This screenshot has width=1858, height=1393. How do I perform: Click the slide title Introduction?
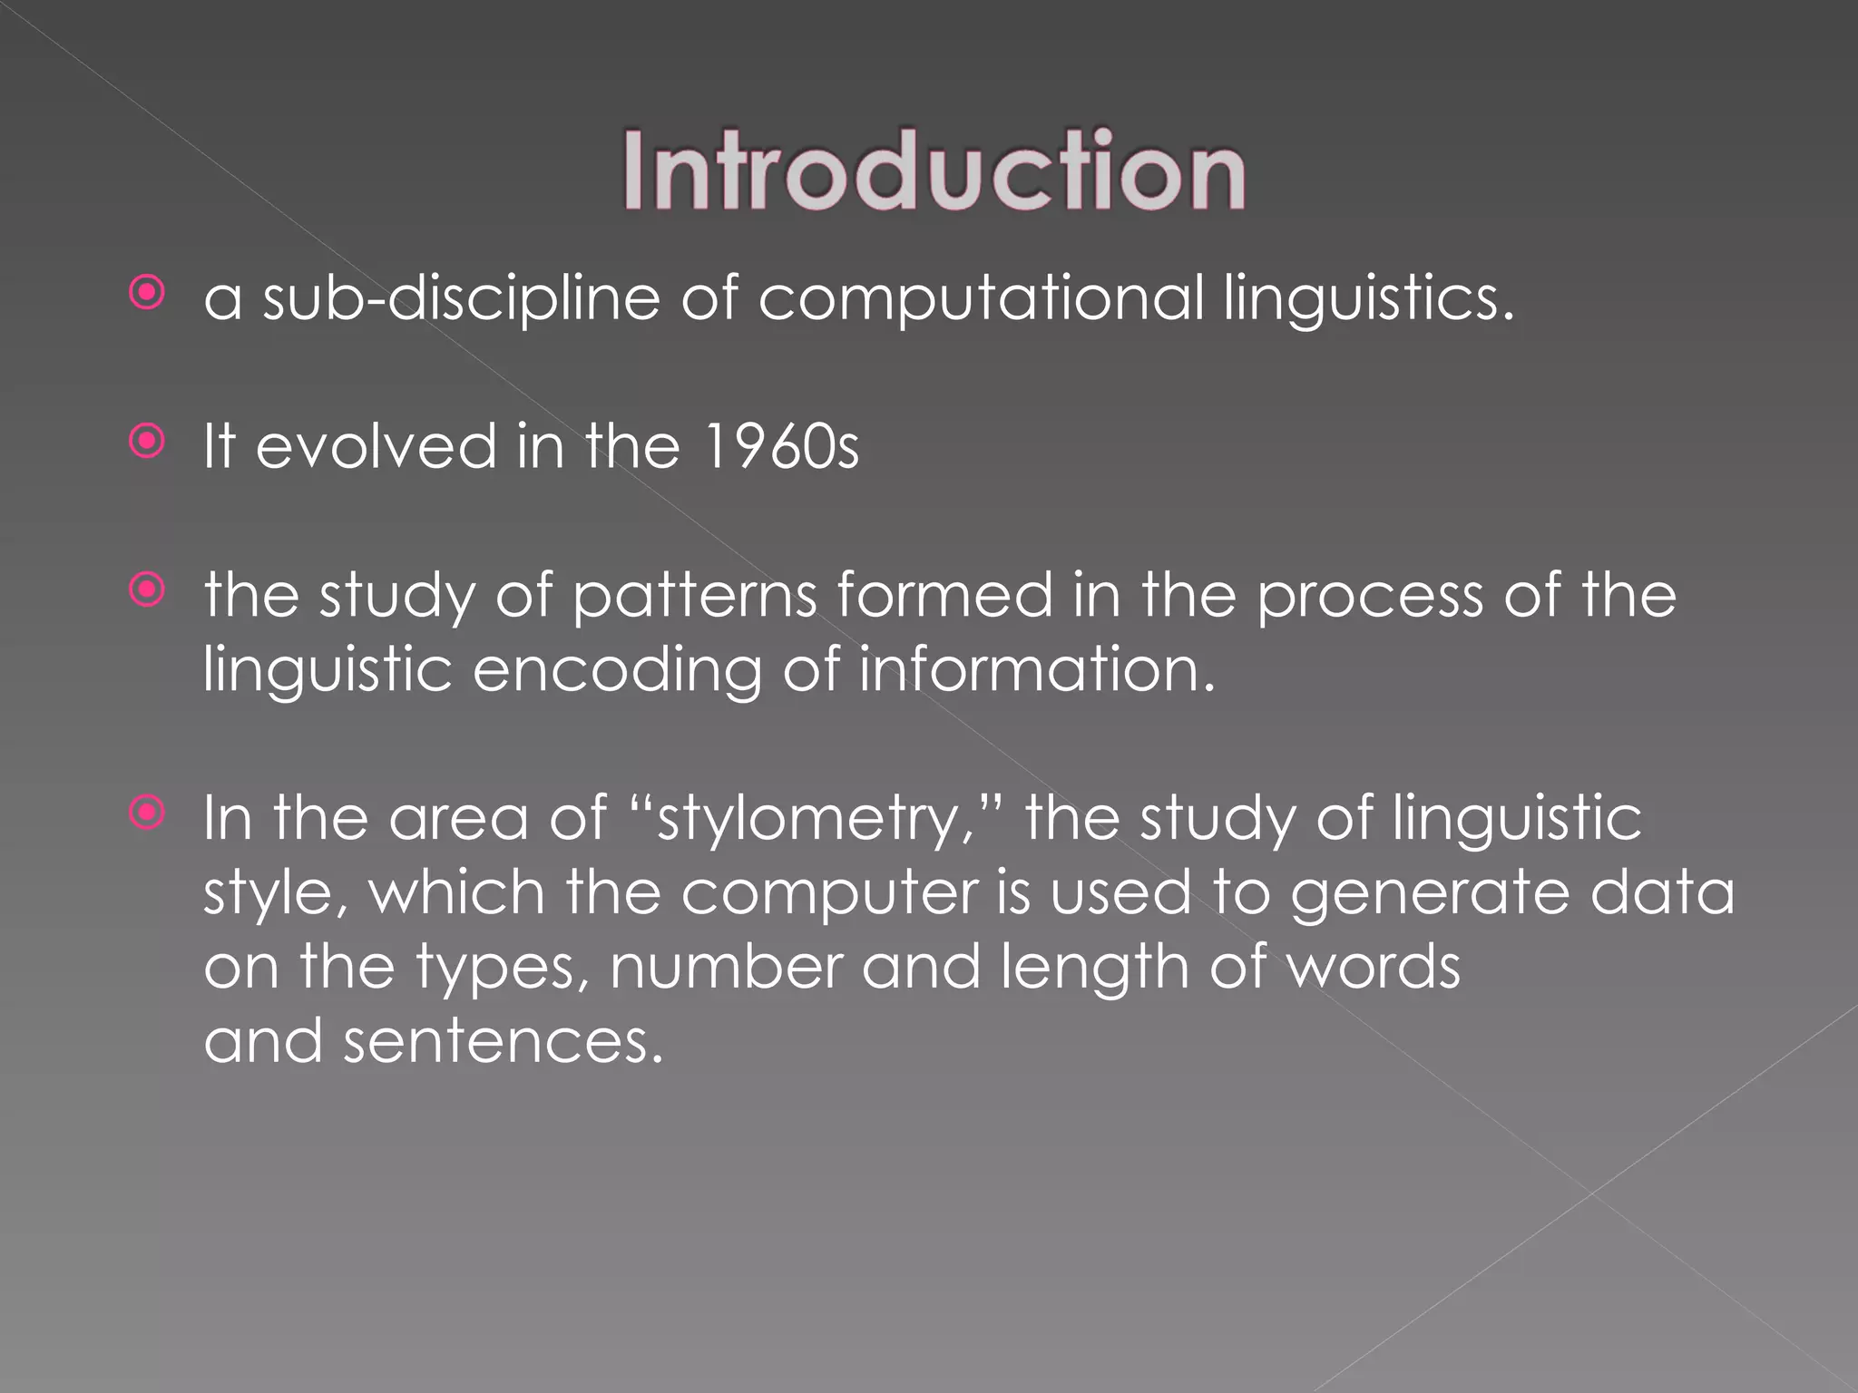[x=934, y=171]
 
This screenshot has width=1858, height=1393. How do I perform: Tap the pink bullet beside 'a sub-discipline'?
[x=147, y=293]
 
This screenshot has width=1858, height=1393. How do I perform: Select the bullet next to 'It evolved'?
[x=147, y=442]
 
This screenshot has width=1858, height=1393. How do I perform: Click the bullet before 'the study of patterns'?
[x=147, y=590]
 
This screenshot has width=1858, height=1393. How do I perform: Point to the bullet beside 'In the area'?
[x=147, y=813]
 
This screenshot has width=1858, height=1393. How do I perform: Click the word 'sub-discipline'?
[x=461, y=299]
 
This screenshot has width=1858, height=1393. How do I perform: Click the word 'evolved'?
[x=376, y=447]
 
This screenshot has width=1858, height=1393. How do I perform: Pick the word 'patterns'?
[x=695, y=597]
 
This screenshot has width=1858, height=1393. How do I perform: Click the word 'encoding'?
[x=617, y=670]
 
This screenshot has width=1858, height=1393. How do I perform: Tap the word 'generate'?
[x=1430, y=893]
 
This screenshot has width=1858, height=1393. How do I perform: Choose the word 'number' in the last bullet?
[x=727, y=967]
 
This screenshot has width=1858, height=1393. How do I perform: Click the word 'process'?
[x=1370, y=597]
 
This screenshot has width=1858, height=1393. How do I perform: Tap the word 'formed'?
[x=944, y=597]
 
